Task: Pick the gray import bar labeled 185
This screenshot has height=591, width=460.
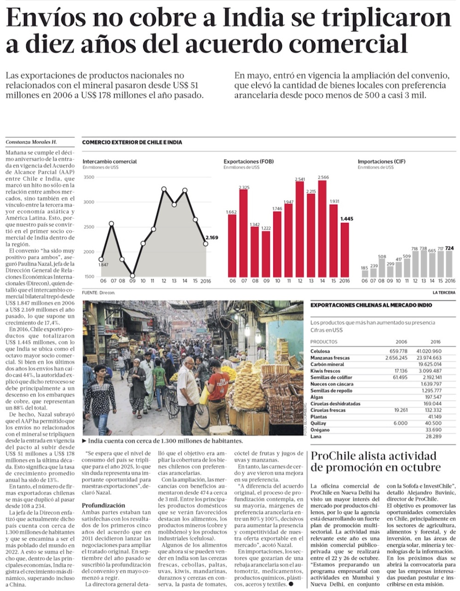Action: click(365, 274)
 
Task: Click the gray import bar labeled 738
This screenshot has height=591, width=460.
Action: click(423, 264)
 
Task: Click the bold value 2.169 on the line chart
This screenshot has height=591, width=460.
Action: click(212, 237)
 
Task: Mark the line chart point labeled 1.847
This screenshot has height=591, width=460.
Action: click(101, 259)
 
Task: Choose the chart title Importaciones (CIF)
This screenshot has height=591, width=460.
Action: click(381, 161)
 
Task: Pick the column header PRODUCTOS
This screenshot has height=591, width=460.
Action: click(324, 342)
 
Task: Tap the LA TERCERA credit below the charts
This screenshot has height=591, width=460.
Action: click(443, 293)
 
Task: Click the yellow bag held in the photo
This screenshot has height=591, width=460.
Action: click(204, 395)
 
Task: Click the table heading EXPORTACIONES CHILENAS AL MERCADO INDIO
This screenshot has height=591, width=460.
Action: click(371, 305)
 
